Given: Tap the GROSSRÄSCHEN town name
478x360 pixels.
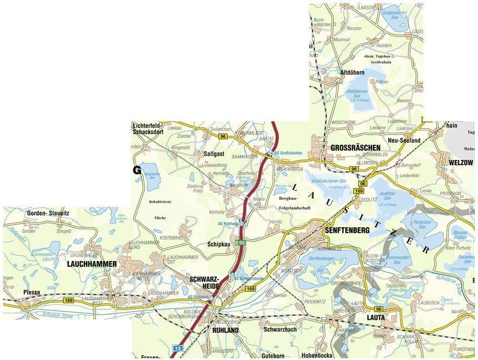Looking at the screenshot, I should (355, 148).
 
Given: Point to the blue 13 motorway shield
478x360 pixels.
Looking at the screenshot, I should (178, 348).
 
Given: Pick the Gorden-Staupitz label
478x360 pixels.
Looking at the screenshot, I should (49, 213).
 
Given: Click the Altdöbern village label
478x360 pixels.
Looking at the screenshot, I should (352, 73).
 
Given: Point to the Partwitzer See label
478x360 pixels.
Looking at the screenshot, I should (422, 224).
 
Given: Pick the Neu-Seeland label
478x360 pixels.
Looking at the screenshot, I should (404, 141).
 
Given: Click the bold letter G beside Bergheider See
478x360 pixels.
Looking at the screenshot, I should (136, 170).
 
